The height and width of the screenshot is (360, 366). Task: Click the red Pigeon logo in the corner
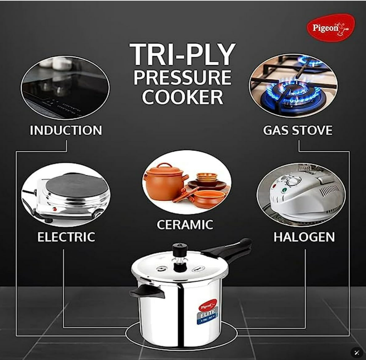pyautogui.click(x=331, y=28)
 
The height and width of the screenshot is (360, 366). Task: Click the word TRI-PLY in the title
pyautogui.click(x=183, y=55)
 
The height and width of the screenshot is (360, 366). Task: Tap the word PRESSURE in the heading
pyautogui.click(x=182, y=78)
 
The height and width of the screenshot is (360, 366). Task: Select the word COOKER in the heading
pyautogui.click(x=182, y=97)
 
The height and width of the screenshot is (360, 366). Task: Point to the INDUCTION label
pyautogui.click(x=66, y=131)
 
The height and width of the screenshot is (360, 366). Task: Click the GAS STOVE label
pyautogui.click(x=298, y=131)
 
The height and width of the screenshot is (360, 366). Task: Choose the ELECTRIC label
pyautogui.click(x=66, y=237)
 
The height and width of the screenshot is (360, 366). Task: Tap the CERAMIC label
pyautogui.click(x=185, y=225)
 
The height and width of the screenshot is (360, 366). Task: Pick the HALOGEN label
pyautogui.click(x=304, y=237)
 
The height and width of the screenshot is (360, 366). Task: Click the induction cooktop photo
pyautogui.click(x=65, y=87)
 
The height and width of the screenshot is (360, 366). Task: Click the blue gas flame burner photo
pyautogui.click(x=293, y=86)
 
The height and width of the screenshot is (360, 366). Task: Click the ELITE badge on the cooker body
pyautogui.click(x=207, y=313)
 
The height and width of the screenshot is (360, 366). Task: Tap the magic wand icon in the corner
pyautogui.click(x=356, y=352)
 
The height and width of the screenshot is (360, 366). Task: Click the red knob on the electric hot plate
pyautogui.click(x=55, y=209)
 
